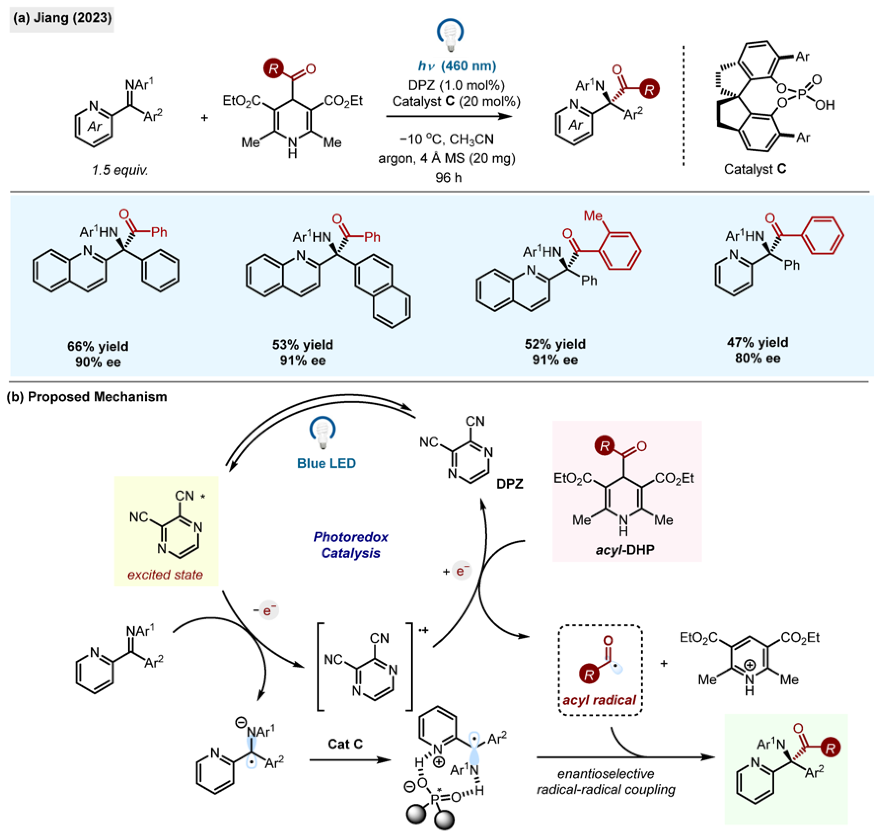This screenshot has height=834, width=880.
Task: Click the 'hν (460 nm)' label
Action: click(x=457, y=66)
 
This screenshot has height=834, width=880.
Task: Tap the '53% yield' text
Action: click(x=303, y=344)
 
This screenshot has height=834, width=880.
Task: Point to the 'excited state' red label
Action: click(x=165, y=575)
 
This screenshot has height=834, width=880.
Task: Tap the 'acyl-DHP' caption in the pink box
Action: click(x=624, y=550)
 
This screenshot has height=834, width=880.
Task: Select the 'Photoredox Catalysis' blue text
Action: click(x=351, y=545)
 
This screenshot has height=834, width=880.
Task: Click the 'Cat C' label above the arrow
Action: click(x=345, y=744)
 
